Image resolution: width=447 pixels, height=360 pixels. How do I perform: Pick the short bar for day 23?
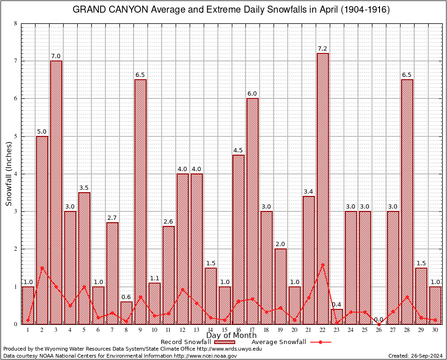(x=337, y=316)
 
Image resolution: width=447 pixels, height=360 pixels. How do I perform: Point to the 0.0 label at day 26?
(x=379, y=320)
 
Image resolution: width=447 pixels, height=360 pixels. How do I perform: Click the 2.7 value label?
(x=112, y=218)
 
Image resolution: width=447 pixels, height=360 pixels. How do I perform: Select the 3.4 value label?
(x=309, y=192)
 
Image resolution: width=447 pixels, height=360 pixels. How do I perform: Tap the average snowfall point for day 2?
(x=42, y=268)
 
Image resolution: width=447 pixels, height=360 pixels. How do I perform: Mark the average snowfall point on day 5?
(x=84, y=286)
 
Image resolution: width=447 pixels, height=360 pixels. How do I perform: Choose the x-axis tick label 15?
(x=224, y=330)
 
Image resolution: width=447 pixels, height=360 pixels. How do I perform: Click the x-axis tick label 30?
(x=435, y=330)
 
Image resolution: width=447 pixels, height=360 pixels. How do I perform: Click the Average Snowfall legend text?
(x=279, y=342)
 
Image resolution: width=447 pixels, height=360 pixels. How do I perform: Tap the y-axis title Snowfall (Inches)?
(x=9, y=174)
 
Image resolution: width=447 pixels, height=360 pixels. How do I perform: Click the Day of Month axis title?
(x=231, y=336)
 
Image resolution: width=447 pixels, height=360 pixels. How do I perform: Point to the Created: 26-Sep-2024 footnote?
(x=416, y=356)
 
